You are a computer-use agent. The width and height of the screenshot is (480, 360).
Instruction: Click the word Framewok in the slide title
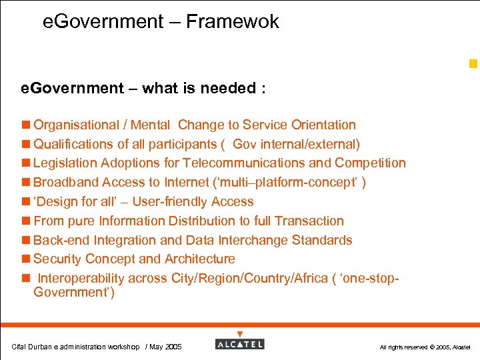coord(232,22)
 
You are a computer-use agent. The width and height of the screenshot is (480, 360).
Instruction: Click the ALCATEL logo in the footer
coord(240,344)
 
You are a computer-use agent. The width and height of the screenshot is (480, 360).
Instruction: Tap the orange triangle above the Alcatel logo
coord(240,334)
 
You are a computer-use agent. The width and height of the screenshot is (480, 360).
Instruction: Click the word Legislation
coord(65,163)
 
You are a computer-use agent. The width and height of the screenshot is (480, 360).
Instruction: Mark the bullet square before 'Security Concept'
coord(27,259)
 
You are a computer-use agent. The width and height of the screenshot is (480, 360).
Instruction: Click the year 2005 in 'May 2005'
coord(173,347)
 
